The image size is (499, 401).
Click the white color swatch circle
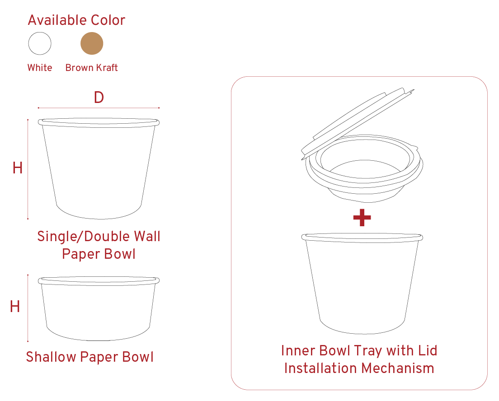(x=40, y=43)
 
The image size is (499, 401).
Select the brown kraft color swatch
(x=92, y=43)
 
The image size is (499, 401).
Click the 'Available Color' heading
(x=76, y=20)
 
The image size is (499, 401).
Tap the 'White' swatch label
(x=40, y=67)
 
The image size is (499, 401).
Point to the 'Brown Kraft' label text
(x=92, y=67)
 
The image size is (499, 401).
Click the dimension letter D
(x=99, y=97)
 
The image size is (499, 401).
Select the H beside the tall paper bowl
(x=18, y=168)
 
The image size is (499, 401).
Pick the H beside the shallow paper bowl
(x=15, y=307)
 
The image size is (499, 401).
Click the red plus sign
(x=362, y=218)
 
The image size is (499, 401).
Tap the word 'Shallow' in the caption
(x=51, y=357)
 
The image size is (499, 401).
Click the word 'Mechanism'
(x=398, y=368)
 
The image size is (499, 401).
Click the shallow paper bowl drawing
(x=99, y=308)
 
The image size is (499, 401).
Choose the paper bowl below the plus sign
(x=362, y=283)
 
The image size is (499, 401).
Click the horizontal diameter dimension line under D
(x=99, y=108)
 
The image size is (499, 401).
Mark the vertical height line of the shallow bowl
(x=28, y=308)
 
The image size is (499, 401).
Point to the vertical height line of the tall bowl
(x=28, y=169)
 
